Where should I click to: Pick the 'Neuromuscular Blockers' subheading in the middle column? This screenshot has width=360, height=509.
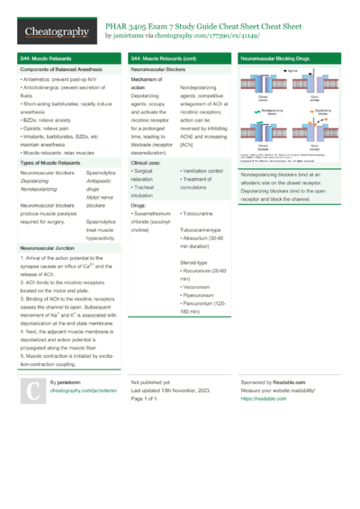(159, 69)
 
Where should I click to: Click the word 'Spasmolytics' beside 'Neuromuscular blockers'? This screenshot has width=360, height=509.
(102, 171)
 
